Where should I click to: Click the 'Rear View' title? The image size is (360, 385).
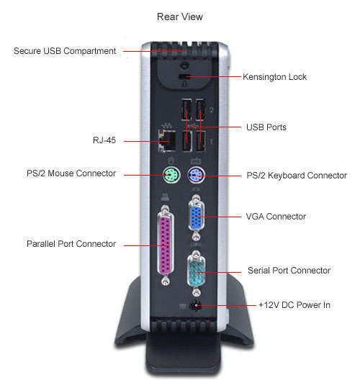(x=179, y=17)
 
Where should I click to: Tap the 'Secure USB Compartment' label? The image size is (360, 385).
(x=65, y=51)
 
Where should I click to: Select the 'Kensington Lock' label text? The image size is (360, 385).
(x=274, y=77)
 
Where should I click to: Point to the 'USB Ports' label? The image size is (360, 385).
(x=266, y=127)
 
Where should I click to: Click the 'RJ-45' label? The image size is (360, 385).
(x=104, y=140)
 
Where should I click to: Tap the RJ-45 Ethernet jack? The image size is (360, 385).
(x=167, y=140)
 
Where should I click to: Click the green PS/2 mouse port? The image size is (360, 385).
(x=171, y=175)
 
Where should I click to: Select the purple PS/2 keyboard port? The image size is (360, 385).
(x=196, y=176)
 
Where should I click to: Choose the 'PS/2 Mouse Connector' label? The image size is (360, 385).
(x=71, y=173)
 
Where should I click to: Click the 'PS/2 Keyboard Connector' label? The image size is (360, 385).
(x=297, y=176)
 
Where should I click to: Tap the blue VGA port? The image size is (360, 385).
(x=196, y=217)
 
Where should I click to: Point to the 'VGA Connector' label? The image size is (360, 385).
(x=276, y=217)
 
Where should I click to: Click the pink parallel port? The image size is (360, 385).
(x=166, y=245)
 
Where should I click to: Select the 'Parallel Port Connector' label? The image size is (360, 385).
(x=71, y=244)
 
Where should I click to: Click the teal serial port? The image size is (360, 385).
(x=196, y=272)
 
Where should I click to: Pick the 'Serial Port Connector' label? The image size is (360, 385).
(x=289, y=271)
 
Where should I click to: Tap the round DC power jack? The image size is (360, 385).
(x=196, y=306)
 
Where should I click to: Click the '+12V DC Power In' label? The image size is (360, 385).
(x=294, y=305)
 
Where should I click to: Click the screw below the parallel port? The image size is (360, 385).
(x=166, y=281)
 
